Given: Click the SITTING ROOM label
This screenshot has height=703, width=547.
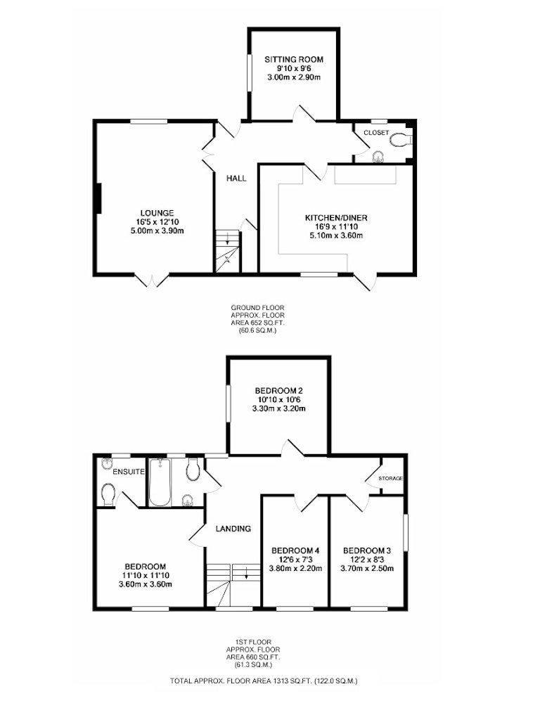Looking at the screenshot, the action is (294, 59).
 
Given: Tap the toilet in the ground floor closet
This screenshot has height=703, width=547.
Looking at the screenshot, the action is (400, 140).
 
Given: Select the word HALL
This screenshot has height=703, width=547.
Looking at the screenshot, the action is (236, 179).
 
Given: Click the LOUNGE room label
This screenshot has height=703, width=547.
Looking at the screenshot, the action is (157, 213).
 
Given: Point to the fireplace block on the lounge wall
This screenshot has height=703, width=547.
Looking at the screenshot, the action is (98, 198).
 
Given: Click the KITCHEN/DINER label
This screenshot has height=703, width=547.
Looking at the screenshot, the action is (336, 218).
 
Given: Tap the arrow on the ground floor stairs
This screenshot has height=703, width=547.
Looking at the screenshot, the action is (227, 238).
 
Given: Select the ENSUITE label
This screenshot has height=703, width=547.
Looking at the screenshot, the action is (129, 472).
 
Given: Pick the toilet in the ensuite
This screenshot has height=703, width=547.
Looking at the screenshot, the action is (108, 494).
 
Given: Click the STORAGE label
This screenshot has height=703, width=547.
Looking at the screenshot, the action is (390, 478).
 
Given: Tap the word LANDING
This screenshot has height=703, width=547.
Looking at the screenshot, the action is (233, 529).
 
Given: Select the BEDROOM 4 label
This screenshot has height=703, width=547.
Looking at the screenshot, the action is (295, 550).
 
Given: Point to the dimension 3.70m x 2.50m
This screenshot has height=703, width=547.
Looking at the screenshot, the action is (367, 569).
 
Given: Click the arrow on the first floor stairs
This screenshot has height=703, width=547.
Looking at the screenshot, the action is (245, 572).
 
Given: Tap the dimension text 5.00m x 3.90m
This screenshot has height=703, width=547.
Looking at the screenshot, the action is (157, 231).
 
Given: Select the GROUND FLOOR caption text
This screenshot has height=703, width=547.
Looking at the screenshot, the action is (258, 308).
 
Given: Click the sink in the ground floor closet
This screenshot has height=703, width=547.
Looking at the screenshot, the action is (379, 157).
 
